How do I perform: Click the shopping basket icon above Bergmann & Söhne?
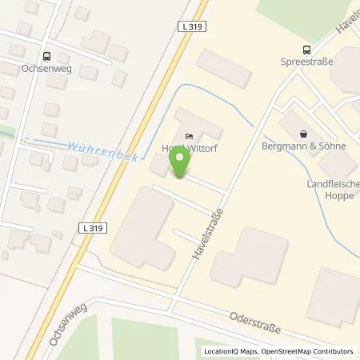pos(303,134)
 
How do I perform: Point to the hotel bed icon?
pos(189,135)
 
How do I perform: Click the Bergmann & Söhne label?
pos(308,148)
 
